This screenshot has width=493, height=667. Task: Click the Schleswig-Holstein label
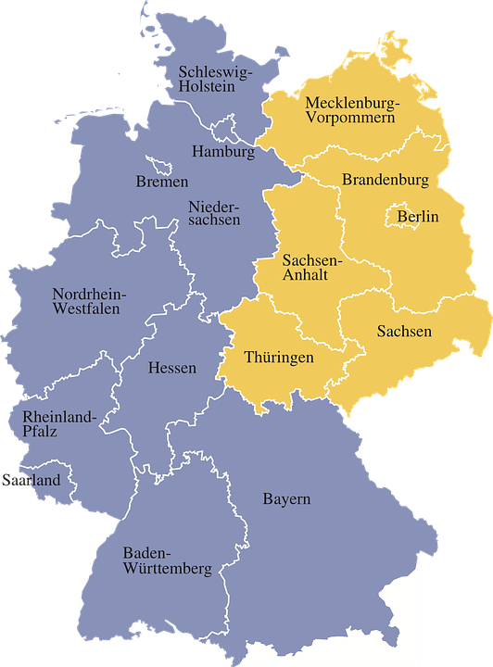214,79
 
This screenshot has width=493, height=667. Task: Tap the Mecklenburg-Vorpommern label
351,109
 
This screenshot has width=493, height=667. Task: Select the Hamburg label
222,151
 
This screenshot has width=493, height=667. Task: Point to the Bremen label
161,182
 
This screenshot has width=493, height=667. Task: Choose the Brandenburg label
385,179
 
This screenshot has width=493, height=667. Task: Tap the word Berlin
417,217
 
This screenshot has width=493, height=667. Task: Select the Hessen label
172,368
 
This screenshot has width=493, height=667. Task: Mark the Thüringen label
279,357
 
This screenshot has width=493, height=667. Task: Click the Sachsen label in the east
404,331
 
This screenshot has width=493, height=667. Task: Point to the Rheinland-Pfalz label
58,424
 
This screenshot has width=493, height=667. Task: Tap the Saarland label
31,480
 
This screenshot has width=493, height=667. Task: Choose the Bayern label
285,499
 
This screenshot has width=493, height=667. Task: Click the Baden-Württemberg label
167,560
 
